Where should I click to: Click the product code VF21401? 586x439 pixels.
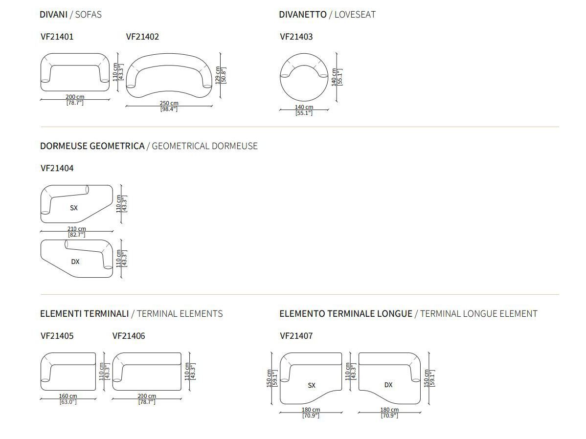(57, 37)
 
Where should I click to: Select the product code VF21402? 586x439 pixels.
(142, 37)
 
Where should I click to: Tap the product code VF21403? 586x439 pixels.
(296, 37)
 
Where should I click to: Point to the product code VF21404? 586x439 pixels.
(57, 168)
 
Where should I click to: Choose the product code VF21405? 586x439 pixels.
(57, 336)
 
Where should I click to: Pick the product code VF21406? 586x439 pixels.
(129, 336)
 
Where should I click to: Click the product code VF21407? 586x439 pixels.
(296, 336)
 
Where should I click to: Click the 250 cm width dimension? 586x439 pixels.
(169, 103)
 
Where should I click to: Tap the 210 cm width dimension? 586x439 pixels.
(77, 229)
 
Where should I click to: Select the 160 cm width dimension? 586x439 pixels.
(68, 396)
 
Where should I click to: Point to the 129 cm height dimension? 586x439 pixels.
(218, 75)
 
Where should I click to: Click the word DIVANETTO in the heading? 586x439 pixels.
(303, 15)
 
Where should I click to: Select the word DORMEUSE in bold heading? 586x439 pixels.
(64, 146)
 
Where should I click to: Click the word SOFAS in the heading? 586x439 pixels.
(88, 15)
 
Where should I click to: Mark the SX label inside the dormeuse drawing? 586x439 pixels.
(74, 208)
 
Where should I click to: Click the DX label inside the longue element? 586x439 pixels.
(388, 385)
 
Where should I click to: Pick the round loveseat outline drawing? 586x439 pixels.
(280, 77)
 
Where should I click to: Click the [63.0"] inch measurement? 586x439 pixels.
(68, 402)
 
